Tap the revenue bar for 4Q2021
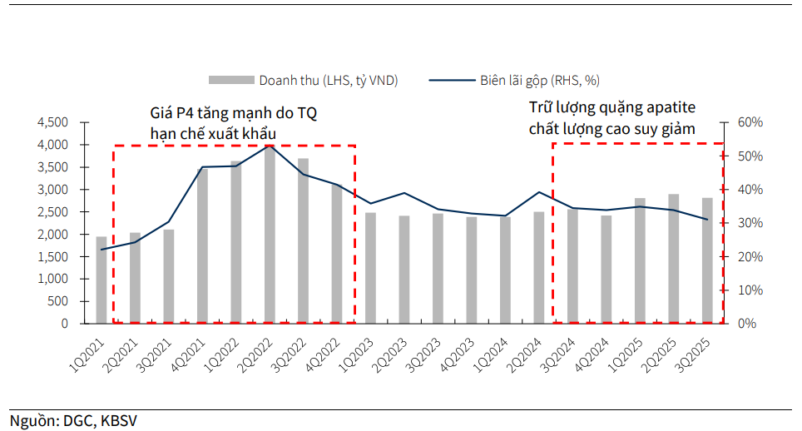click(x=202, y=245)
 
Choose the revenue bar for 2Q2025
click(x=673, y=259)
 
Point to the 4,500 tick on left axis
click(x=52, y=122)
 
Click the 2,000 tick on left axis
click(x=52, y=235)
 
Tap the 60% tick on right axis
click(x=750, y=122)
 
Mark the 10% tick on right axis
click(x=750, y=290)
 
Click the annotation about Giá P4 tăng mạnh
click(x=233, y=121)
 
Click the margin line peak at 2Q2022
click(x=270, y=146)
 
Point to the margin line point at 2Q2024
click(x=539, y=192)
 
